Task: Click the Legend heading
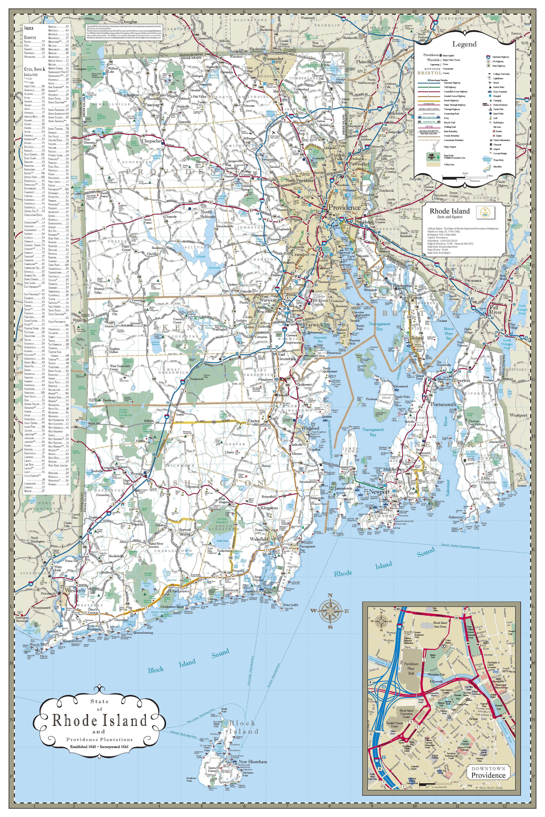pyautogui.click(x=464, y=44)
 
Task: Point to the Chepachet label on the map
pyautogui.click(x=151, y=141)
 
